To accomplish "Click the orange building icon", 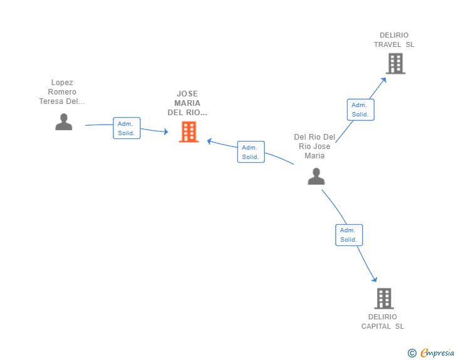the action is click(x=189, y=132).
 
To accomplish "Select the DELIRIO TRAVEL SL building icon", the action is click(x=395, y=63).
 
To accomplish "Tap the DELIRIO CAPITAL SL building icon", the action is click(x=384, y=299).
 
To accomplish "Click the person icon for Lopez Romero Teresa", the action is click(x=64, y=121).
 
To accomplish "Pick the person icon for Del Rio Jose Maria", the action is click(x=316, y=176).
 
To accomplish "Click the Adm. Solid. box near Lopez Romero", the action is click(x=127, y=128).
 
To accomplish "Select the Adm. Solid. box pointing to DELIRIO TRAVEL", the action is click(x=361, y=110).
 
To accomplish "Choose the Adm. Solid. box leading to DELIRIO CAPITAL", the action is click(x=349, y=235).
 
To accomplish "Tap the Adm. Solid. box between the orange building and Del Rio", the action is click(x=251, y=152).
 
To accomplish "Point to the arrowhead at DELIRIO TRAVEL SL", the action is click(x=384, y=80).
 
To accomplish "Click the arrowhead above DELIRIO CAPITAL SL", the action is click(x=375, y=279).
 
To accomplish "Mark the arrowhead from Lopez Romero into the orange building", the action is click(x=166, y=131).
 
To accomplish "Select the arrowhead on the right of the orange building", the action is click(x=209, y=141).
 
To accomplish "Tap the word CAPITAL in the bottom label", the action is click(x=376, y=326).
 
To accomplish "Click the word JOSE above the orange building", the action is click(x=187, y=94).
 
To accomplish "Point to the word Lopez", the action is click(x=62, y=83).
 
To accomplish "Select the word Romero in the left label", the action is click(x=62, y=92).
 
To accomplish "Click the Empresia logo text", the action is click(x=437, y=352).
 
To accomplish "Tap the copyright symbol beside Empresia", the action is click(x=412, y=353).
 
